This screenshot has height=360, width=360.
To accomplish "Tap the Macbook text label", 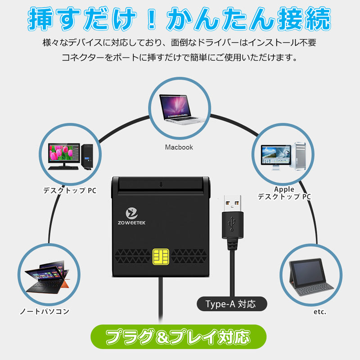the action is [x=179, y=147].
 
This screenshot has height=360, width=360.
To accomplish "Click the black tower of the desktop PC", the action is [x=87, y=157].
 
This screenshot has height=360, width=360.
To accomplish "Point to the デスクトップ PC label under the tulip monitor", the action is [x=70, y=190].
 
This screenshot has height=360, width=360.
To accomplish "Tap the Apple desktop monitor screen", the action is [x=276, y=155].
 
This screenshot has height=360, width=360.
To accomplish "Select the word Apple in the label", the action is [x=284, y=189].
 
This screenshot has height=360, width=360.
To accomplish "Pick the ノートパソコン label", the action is [x=45, y=311].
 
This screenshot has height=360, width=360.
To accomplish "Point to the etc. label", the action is [x=320, y=311].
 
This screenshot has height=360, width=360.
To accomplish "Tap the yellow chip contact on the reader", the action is [x=161, y=256].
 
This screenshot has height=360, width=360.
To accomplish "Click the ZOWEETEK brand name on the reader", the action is [x=131, y=223].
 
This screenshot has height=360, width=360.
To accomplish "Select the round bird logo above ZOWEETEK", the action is [x=132, y=213].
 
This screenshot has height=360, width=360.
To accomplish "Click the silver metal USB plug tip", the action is [x=232, y=203].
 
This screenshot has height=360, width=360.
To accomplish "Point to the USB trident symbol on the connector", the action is [x=232, y=223].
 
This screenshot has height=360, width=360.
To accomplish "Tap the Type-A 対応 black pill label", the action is [x=232, y=304].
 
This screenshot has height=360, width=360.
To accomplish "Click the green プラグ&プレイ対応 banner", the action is [x=178, y=337].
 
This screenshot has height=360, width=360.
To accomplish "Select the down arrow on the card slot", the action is [x=161, y=184].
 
